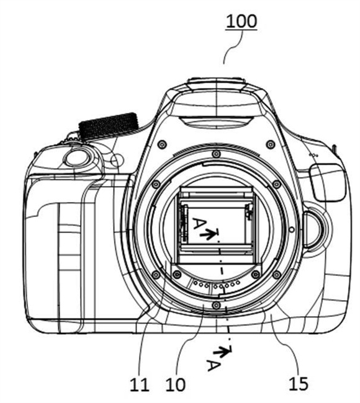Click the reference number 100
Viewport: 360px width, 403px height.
[241, 21]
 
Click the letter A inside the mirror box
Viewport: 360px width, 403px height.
[199, 224]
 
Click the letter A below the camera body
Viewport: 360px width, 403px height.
[214, 365]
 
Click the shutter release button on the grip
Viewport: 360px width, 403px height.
[76, 157]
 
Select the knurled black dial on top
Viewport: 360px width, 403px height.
[109, 126]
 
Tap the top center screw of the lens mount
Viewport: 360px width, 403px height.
[216, 154]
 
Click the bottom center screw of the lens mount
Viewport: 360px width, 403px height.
[216, 305]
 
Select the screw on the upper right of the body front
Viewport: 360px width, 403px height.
[270, 144]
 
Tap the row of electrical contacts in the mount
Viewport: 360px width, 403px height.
[217, 284]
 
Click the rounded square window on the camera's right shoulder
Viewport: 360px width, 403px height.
[328, 183]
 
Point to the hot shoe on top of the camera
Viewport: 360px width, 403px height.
[217, 83]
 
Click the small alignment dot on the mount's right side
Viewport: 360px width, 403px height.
[292, 229]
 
